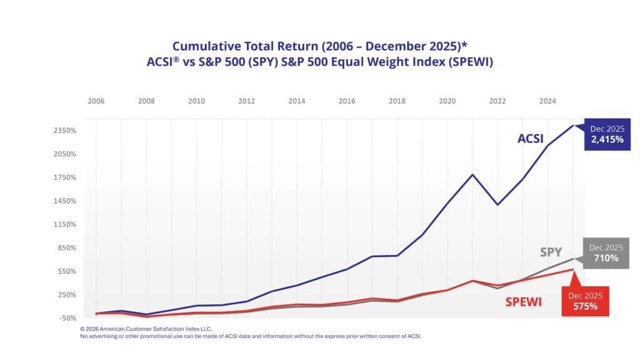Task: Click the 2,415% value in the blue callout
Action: (x=603, y=139)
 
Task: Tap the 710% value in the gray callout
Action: (x=606, y=258)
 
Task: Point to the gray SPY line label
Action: (x=551, y=252)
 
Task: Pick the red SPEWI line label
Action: (x=523, y=302)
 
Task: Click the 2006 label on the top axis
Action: (x=96, y=101)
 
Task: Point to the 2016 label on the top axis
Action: (x=347, y=101)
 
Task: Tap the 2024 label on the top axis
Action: (x=547, y=101)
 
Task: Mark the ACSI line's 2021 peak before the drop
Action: (x=472, y=174)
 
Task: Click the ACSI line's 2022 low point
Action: (x=497, y=204)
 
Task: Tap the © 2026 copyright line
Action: (x=146, y=328)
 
